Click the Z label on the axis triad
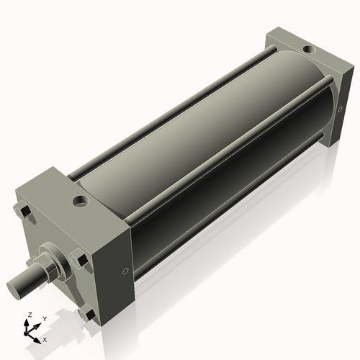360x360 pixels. (29, 315)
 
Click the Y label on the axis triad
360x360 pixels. (44, 318)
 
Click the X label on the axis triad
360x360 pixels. (45, 338)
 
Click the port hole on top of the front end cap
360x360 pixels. (79, 199)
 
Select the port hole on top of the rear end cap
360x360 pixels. (308, 50)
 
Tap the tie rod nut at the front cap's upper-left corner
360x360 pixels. (21, 211)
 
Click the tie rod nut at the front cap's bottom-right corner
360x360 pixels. (88, 314)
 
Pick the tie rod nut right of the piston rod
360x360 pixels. (79, 261)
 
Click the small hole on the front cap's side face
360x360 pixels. (127, 271)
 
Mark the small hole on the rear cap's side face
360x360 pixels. (340, 109)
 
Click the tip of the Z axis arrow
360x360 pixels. (29, 320)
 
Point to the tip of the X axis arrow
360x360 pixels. (40, 337)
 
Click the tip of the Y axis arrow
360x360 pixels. (40, 323)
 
